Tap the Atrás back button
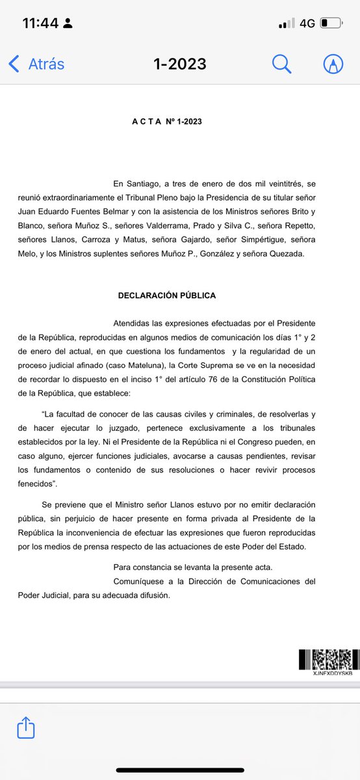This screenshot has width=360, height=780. [37, 64]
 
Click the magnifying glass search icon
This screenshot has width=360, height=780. [281, 64]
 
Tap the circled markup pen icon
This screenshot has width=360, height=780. [333, 64]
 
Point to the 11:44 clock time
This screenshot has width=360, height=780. [41, 23]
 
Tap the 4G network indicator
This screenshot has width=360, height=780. [307, 23]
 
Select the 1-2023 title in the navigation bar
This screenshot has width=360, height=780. [179, 64]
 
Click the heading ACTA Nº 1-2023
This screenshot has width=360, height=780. [167, 122]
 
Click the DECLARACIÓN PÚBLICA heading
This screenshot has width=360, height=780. [167, 295]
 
